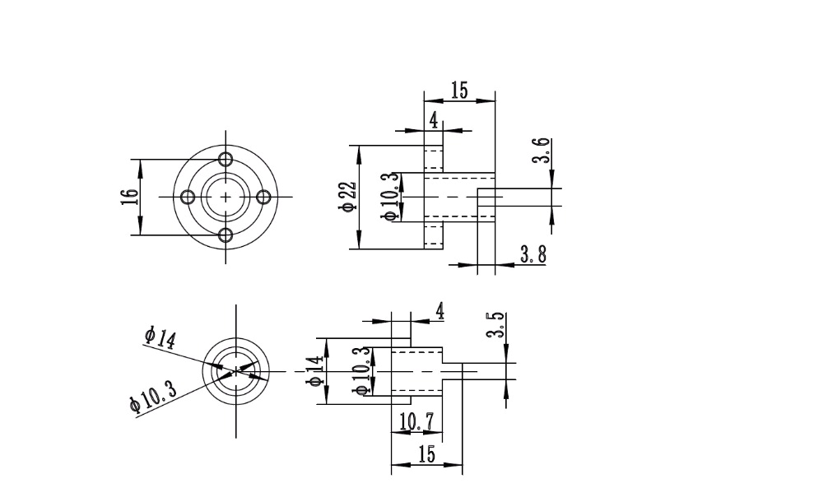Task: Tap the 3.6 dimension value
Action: pyautogui.click(x=541, y=151)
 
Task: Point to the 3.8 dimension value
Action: pyautogui.click(x=532, y=254)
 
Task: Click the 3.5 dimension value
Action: pyautogui.click(x=495, y=325)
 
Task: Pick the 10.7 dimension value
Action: pyautogui.click(x=416, y=422)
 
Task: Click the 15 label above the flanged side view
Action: pyautogui.click(x=459, y=91)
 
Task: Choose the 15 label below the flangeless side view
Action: pyautogui.click(x=426, y=454)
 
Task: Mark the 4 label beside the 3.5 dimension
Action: pyautogui.click(x=440, y=311)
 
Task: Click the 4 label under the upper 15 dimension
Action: pyautogui.click(x=434, y=120)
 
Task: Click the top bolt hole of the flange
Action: pyautogui.click(x=226, y=158)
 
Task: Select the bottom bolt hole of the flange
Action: pyautogui.click(x=226, y=236)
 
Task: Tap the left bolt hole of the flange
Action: pyautogui.click(x=187, y=197)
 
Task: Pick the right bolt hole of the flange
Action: pyautogui.click(x=265, y=197)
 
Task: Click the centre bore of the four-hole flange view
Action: pyautogui.click(x=226, y=197)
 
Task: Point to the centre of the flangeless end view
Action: pyautogui.click(x=236, y=371)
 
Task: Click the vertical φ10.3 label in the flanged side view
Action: pyautogui.click(x=390, y=197)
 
